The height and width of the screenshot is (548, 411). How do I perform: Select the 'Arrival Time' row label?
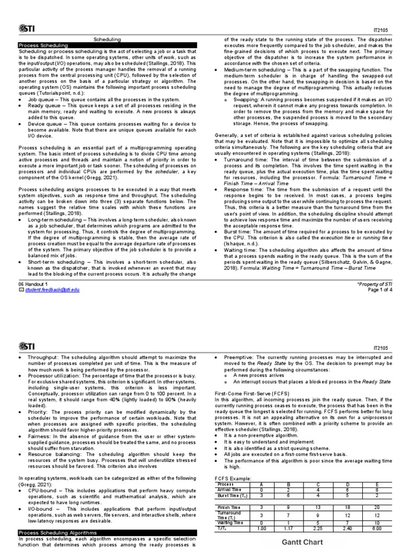click(x=231, y=489)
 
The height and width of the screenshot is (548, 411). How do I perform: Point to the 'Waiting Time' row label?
click(x=231, y=523)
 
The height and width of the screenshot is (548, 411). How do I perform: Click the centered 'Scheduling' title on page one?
click(x=108, y=40)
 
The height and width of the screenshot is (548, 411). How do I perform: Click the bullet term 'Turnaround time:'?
click(x=241, y=159)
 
